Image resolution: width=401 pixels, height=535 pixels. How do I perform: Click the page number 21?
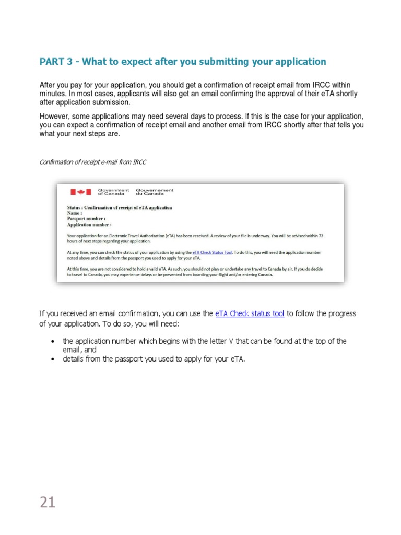point(48,502)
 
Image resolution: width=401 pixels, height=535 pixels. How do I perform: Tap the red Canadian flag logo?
point(81,192)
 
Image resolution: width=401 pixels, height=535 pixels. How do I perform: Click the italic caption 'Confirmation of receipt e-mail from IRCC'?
point(93,162)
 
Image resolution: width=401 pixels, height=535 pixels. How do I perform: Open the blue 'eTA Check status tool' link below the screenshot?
point(250,313)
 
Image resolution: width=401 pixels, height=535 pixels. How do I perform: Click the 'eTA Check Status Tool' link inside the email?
point(215,252)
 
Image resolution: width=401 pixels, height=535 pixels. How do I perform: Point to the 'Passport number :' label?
point(86,219)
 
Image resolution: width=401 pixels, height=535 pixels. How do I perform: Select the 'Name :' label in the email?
point(75,213)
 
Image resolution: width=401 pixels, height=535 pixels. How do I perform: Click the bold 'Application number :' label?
point(89,225)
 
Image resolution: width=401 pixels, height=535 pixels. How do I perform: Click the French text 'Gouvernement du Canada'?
point(155,192)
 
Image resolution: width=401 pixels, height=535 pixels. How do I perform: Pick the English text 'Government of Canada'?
point(113,192)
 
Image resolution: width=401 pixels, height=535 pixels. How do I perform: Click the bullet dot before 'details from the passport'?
point(53,359)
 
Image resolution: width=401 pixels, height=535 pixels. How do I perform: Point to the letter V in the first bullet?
point(231,341)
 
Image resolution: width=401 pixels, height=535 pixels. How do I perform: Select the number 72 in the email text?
point(321,236)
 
